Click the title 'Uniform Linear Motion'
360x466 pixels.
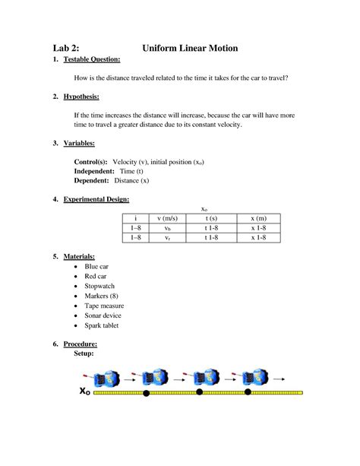(190, 49)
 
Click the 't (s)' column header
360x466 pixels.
(212, 218)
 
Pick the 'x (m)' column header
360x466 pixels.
(258, 218)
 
